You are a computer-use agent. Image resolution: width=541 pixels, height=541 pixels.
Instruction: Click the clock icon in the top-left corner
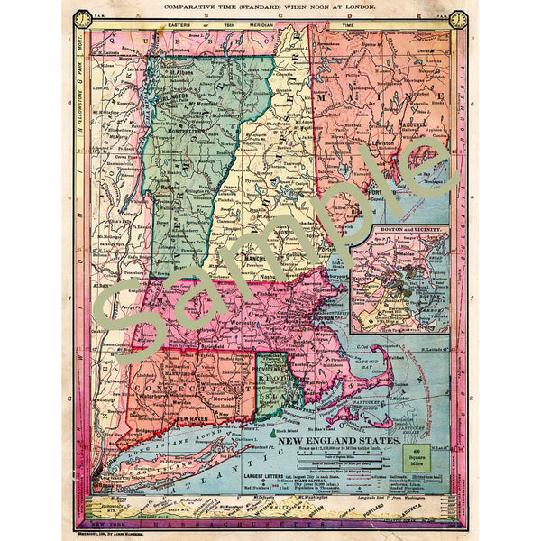click(83, 19)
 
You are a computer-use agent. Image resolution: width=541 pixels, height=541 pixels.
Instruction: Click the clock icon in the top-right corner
click(458, 19)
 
